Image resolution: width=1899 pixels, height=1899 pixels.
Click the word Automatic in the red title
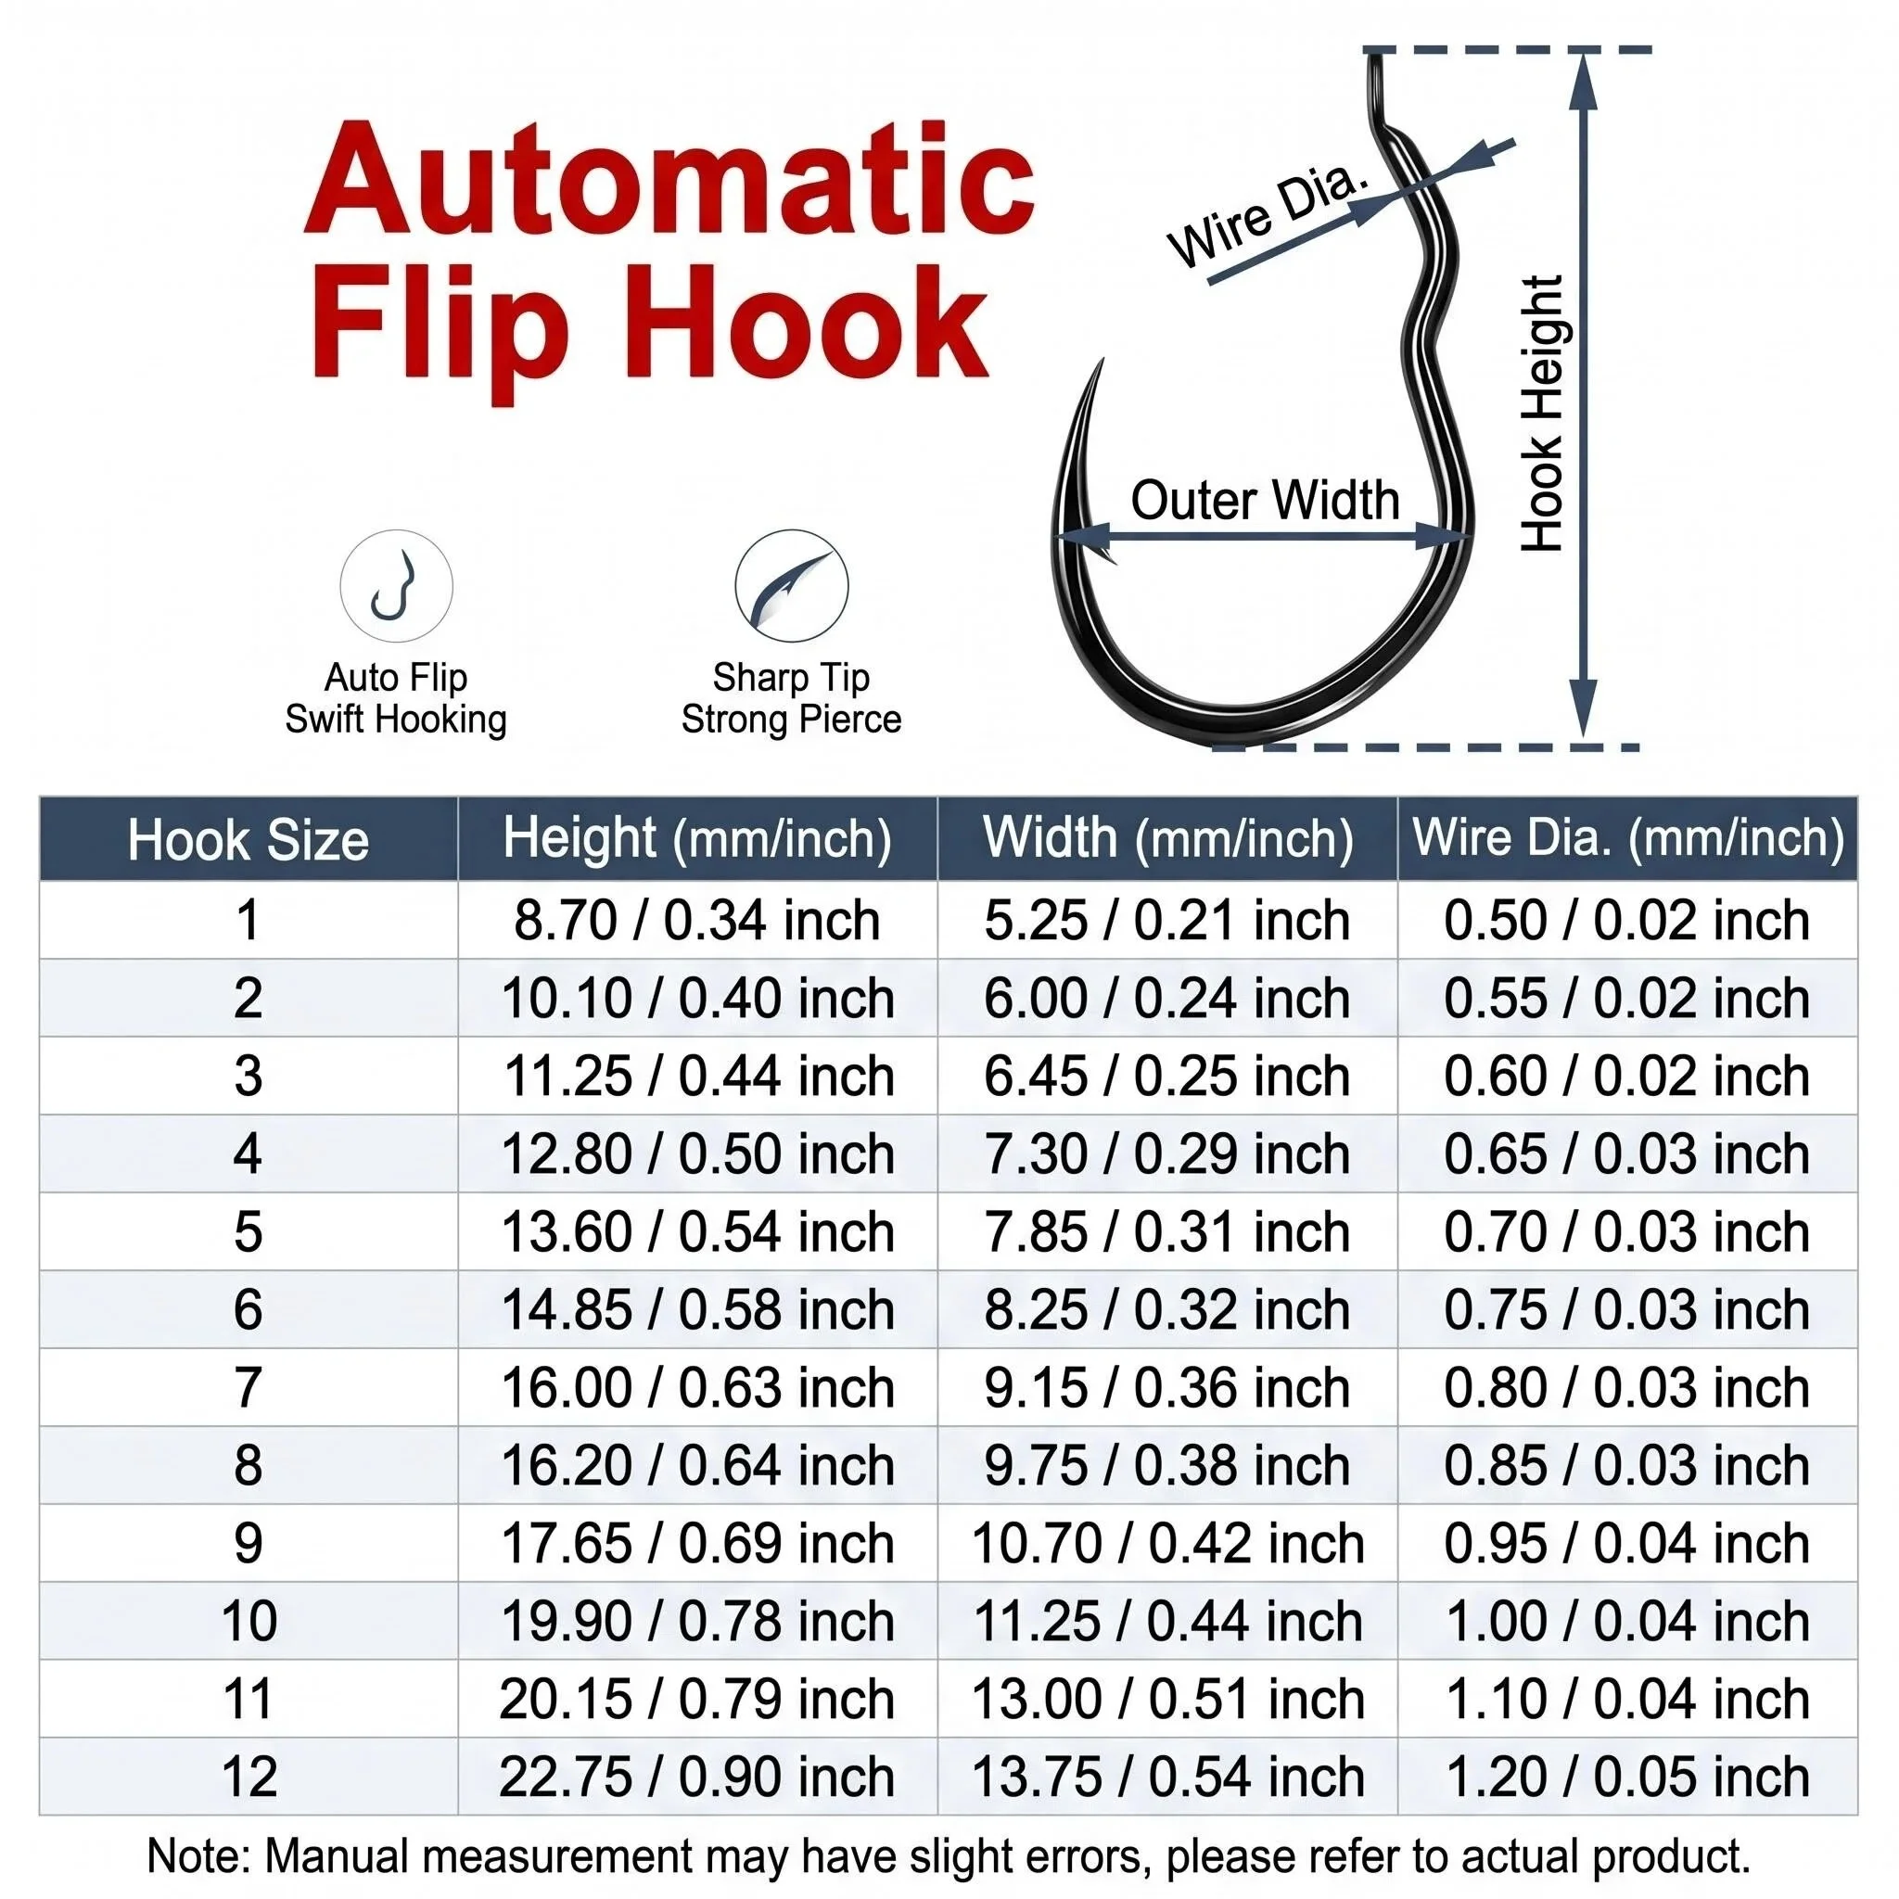[x=670, y=178]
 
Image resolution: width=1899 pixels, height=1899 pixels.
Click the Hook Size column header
[x=248, y=840]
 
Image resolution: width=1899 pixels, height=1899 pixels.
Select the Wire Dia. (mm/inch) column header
[x=1627, y=838]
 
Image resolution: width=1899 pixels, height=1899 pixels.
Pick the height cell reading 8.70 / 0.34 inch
[x=697, y=921]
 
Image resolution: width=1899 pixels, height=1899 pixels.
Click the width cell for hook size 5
[x=1166, y=1231]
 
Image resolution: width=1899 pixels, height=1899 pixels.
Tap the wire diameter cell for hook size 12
[x=1626, y=1778]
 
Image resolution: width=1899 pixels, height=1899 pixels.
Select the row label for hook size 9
[x=248, y=1543]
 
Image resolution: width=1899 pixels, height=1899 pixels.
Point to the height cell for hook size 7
[x=697, y=1388]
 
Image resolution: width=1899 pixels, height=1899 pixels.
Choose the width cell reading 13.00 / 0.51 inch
[x=1166, y=1700]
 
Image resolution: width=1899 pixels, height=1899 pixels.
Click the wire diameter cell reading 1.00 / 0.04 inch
[x=1626, y=1622]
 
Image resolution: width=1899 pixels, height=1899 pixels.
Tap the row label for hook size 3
[x=248, y=1077]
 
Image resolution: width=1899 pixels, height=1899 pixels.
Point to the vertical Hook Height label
[x=1542, y=413]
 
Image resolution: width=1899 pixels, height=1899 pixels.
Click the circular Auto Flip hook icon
[x=396, y=587]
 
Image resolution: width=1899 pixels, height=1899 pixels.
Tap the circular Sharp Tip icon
[x=791, y=587]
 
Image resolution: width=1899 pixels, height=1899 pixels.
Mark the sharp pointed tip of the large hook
[x=1102, y=360]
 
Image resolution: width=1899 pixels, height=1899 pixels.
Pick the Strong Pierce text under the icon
[x=791, y=720]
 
